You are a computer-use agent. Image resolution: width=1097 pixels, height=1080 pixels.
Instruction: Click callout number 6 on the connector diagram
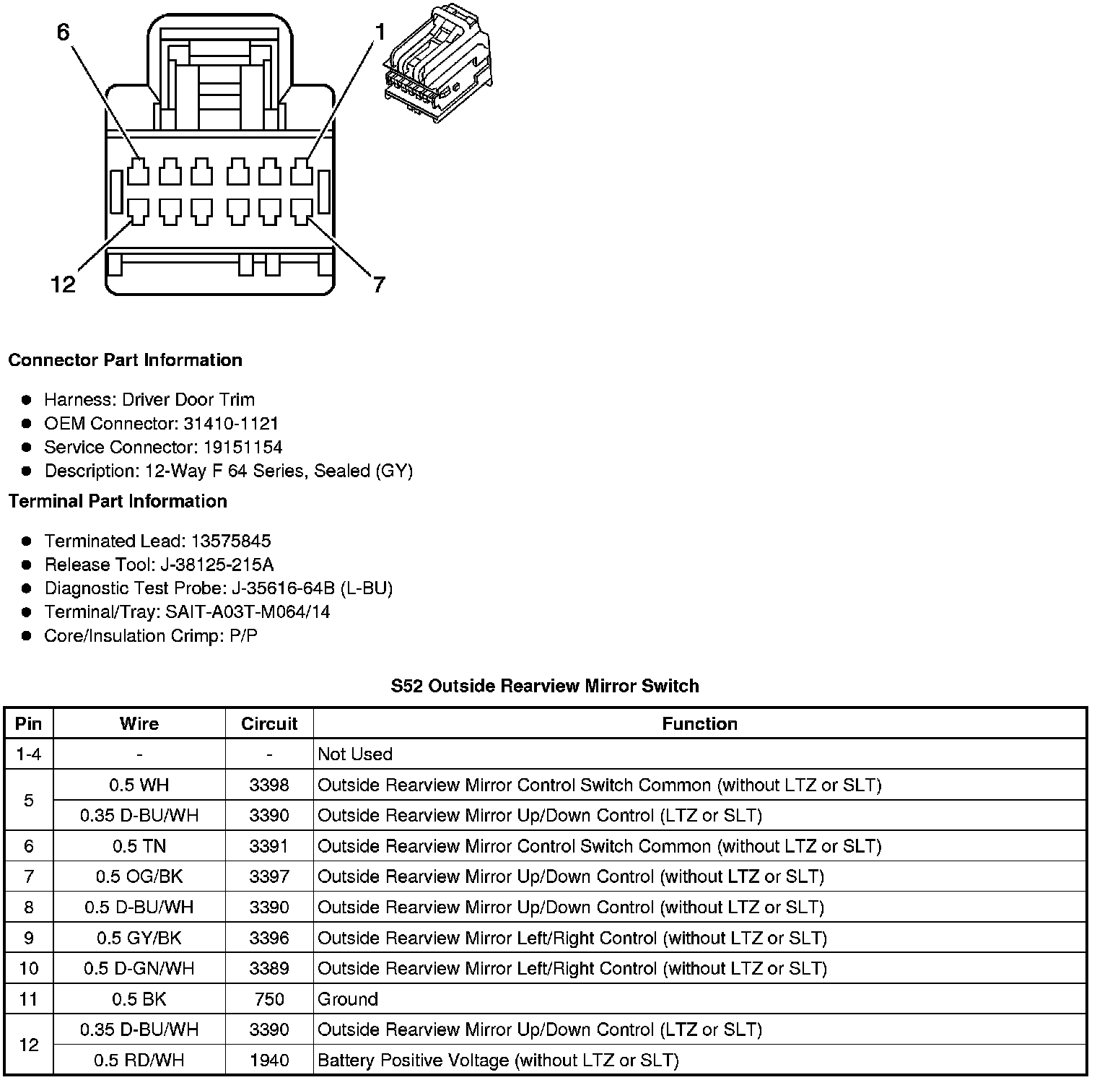point(64,33)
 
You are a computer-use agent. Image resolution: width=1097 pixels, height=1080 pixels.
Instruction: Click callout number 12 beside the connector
point(64,284)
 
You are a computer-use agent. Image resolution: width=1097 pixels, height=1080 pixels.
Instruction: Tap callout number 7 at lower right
point(379,284)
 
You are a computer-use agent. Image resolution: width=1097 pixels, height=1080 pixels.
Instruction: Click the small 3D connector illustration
point(437,62)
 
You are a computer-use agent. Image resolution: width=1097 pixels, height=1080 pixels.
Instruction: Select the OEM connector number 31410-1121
point(230,423)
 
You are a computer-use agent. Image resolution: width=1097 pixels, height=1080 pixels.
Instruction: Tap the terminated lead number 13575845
point(231,541)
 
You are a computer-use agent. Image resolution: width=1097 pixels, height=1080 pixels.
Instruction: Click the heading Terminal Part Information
point(118,501)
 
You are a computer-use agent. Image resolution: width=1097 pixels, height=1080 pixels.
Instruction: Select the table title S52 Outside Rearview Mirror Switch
point(545,686)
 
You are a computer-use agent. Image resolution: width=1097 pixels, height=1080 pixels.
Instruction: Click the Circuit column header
point(269,723)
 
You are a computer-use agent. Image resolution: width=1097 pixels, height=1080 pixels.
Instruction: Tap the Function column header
point(699,723)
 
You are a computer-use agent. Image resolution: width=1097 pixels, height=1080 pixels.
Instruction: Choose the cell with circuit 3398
point(269,785)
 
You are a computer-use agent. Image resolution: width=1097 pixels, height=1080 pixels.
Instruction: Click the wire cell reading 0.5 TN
point(139,845)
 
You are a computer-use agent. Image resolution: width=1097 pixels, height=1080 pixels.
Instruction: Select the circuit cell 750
point(269,999)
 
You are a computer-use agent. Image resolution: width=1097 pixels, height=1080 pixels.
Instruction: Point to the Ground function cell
point(348,999)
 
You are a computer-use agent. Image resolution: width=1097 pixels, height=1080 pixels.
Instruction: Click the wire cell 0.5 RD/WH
point(139,1060)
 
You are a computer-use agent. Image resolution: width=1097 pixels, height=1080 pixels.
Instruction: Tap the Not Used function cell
point(355,754)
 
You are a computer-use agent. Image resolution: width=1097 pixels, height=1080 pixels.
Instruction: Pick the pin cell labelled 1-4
point(29,754)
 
